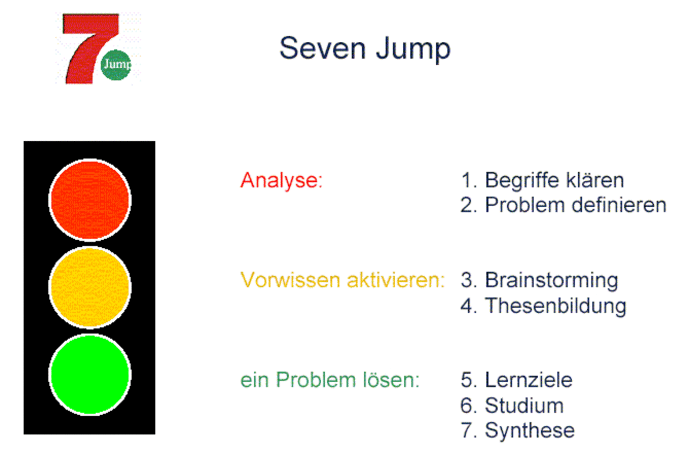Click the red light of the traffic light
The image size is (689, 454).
pos(90,200)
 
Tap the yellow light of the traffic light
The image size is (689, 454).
pos(90,287)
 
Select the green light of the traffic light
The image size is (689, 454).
pos(90,375)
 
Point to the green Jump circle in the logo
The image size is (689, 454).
pos(116,65)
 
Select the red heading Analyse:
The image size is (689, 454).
pos(281,181)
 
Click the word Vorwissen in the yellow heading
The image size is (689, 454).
pos(290,280)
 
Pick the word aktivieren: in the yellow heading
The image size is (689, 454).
pos(396,280)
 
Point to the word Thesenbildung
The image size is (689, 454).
pos(555,306)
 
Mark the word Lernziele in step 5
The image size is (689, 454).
pos(529,380)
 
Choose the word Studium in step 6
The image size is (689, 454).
pos(524,405)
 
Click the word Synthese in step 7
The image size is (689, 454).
pos(529,430)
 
